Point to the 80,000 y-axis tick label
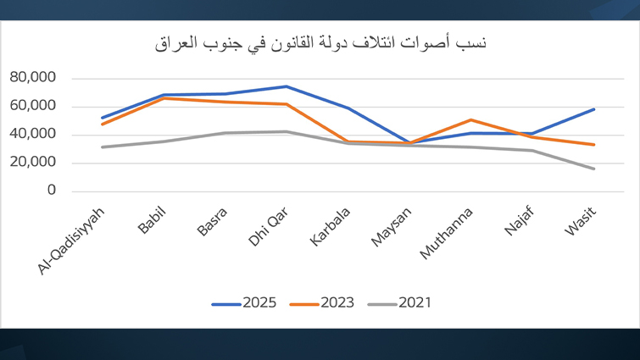(x=32, y=78)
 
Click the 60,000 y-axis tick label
(x=32, y=106)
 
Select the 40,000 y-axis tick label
(x=32, y=134)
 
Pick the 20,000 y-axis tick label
(x=32, y=163)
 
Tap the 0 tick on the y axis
(x=51, y=191)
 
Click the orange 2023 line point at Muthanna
(x=470, y=120)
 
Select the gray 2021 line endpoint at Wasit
(x=593, y=169)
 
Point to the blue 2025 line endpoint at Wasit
(x=593, y=109)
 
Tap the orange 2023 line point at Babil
(x=164, y=98)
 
